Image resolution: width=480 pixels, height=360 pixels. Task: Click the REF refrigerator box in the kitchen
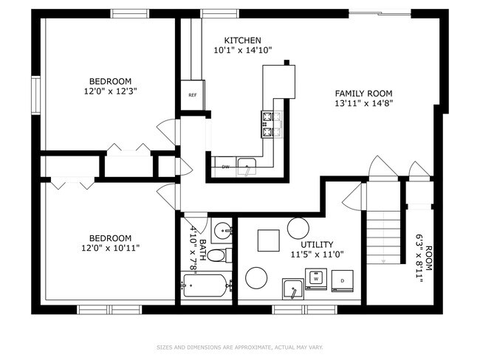point(193,95)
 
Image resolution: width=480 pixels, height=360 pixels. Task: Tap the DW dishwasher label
point(225,167)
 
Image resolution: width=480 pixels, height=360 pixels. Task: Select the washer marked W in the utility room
point(316,279)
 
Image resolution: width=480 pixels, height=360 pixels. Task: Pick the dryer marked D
point(342,280)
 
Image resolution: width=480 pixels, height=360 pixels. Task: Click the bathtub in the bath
point(206,285)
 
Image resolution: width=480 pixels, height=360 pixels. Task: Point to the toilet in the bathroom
point(220,255)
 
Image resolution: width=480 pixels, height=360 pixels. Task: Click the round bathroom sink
point(223,231)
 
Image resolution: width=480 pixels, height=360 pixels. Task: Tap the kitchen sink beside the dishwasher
point(247,167)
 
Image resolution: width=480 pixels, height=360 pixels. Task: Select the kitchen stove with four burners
point(267,124)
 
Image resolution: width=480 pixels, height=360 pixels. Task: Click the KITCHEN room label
point(243,41)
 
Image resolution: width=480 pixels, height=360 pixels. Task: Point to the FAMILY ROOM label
point(363,93)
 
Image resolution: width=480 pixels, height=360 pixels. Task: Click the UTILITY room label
point(317,244)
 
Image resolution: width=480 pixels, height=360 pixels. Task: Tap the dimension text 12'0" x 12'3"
point(110,91)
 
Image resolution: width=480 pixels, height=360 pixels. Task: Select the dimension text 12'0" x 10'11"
point(111,248)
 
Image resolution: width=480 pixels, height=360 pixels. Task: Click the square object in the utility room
point(269,240)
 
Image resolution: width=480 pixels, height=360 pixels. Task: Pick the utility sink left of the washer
point(293,288)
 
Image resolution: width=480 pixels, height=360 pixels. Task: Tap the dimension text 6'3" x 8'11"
point(419,258)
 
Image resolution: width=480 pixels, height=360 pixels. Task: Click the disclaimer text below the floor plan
point(240,347)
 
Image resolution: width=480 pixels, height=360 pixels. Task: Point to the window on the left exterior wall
point(36,95)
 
